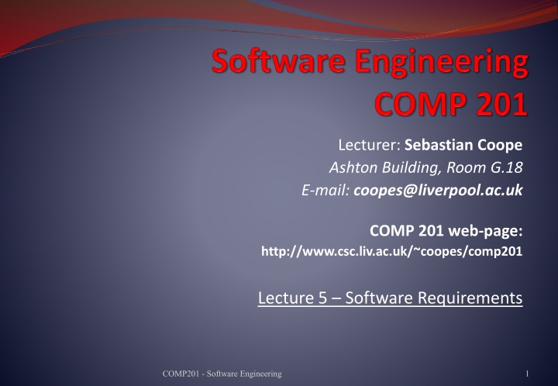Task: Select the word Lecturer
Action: (370, 145)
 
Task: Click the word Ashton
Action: (353, 167)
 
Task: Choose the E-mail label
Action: (325, 190)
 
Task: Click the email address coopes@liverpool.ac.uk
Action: (438, 191)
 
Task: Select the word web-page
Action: (485, 231)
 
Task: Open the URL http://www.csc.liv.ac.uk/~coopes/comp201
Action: (392, 251)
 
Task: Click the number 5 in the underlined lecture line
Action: (322, 298)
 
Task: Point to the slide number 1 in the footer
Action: (527, 374)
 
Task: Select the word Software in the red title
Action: (279, 61)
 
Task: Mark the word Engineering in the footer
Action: (261, 374)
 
